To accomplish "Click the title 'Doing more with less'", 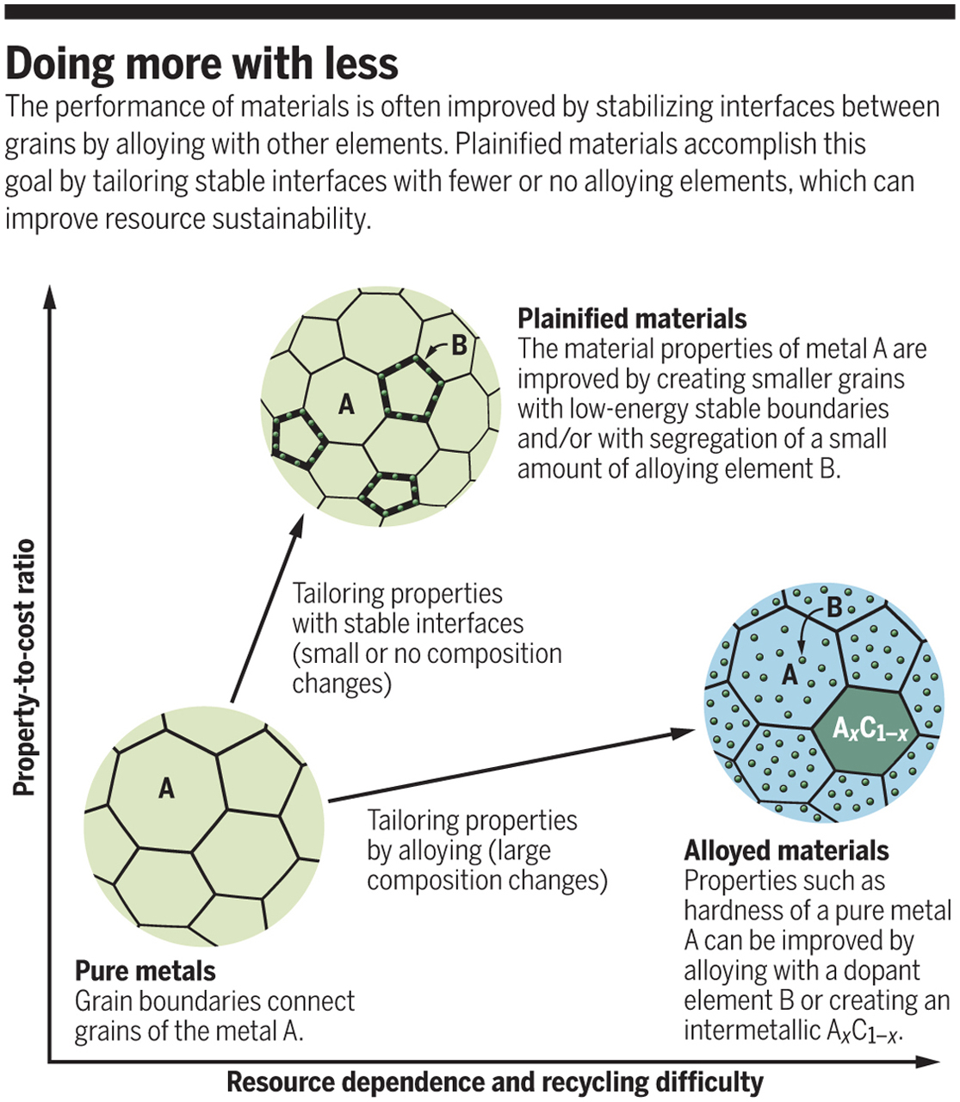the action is [201, 65].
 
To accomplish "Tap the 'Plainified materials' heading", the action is [632, 319].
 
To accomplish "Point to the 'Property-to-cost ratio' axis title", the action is [24, 667].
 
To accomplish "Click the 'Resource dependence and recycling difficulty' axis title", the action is [495, 1082].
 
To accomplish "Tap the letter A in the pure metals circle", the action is [166, 789].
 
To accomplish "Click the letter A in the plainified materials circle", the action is [346, 404].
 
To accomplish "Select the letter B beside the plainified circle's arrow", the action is [459, 345].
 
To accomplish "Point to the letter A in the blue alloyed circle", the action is [790, 674].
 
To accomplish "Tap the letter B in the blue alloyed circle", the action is [834, 608].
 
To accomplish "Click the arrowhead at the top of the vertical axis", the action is [50, 297].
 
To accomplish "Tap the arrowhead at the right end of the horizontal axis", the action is [927, 1062].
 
